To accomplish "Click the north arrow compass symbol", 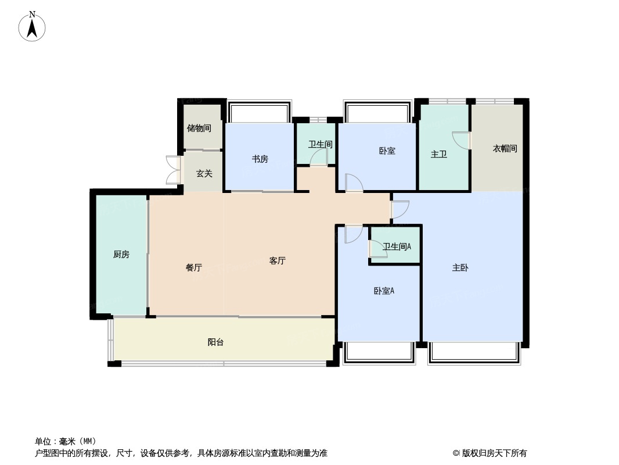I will point(32,27).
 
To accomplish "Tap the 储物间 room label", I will point(199,128).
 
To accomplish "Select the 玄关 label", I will point(204,173).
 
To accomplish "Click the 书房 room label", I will point(260,159).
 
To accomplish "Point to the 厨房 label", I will point(121,254).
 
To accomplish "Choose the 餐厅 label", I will point(193,268).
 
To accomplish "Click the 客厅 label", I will point(277,261).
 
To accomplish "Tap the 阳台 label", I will point(215,342).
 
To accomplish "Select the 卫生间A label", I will point(397,246).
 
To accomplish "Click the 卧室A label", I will point(383,291).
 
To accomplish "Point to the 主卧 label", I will point(460,268).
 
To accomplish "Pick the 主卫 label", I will point(438,155).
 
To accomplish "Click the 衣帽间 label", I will point(504,149).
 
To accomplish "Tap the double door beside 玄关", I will point(172,170).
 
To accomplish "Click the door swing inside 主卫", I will point(462,141).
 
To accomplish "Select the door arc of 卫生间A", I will point(377,249).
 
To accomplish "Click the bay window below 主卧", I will point(474,352).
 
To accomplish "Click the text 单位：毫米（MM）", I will point(66,441).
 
